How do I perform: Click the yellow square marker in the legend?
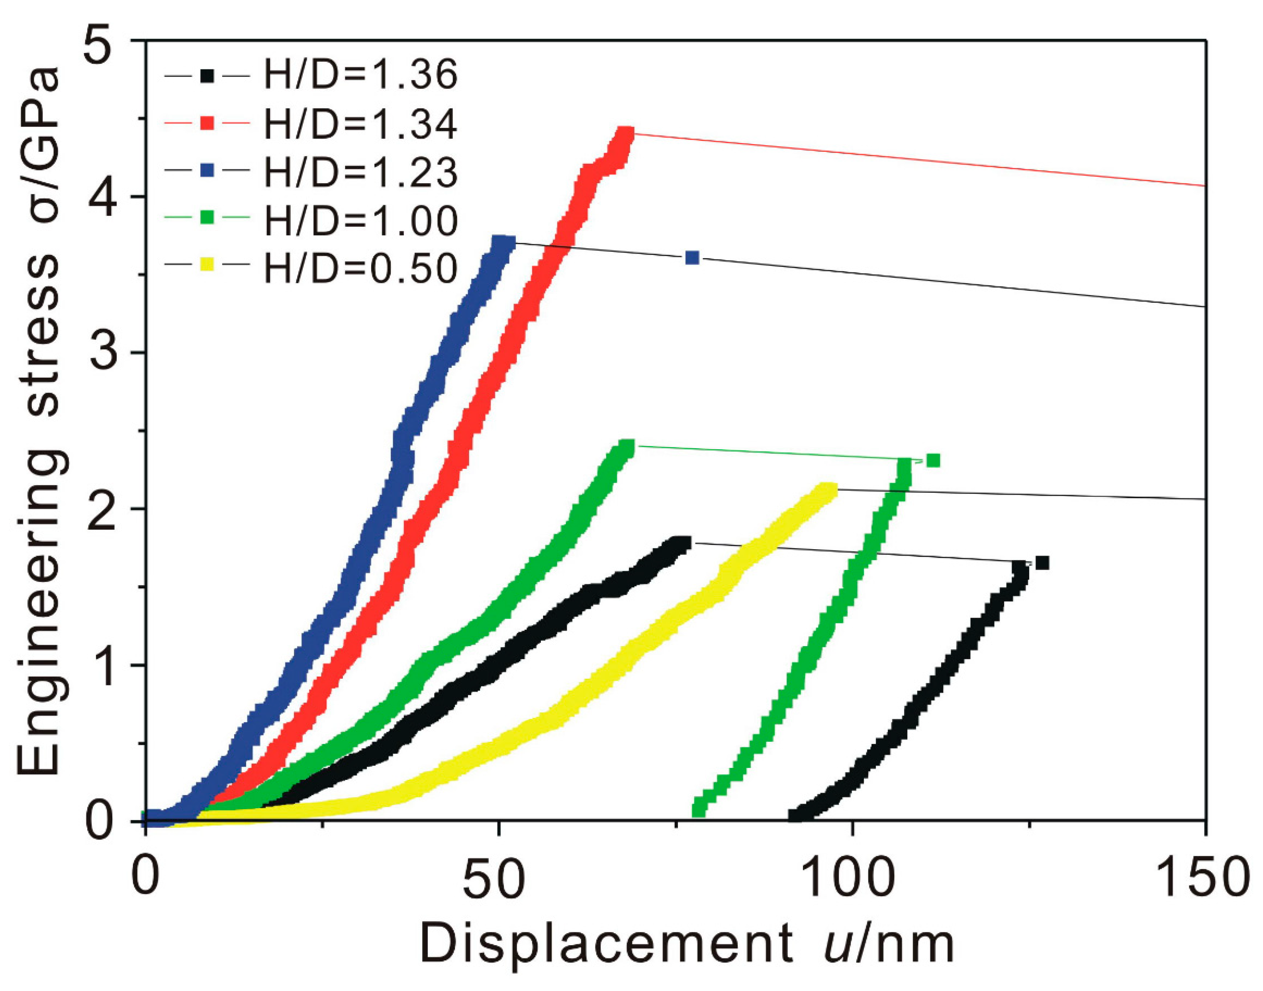[x=207, y=265]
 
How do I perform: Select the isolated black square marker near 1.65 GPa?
[x=1042, y=563]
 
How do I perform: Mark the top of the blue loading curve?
[x=502, y=241]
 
